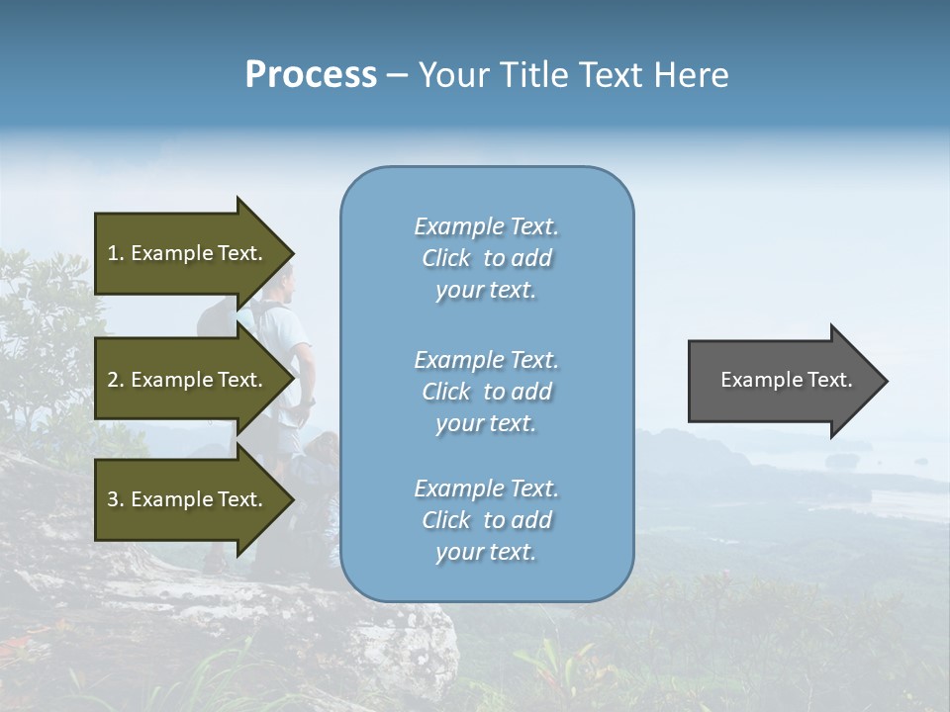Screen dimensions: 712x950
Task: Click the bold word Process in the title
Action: (311, 75)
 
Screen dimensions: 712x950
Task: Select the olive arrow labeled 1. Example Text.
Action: (188, 253)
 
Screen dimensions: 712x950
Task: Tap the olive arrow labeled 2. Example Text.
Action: (188, 380)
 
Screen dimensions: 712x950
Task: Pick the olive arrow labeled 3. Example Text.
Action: (188, 499)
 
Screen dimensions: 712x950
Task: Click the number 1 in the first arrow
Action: (113, 253)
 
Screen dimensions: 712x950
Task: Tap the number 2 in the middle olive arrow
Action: (113, 380)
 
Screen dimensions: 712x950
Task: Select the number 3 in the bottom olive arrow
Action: (113, 499)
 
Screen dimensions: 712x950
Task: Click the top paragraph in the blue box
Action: (486, 258)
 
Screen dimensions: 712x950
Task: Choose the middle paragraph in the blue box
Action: (486, 392)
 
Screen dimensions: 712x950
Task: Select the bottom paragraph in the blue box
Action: (486, 520)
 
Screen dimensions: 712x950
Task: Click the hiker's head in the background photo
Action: (285, 284)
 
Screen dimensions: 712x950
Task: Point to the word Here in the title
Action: (692, 75)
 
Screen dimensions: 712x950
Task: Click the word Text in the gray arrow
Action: (830, 380)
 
